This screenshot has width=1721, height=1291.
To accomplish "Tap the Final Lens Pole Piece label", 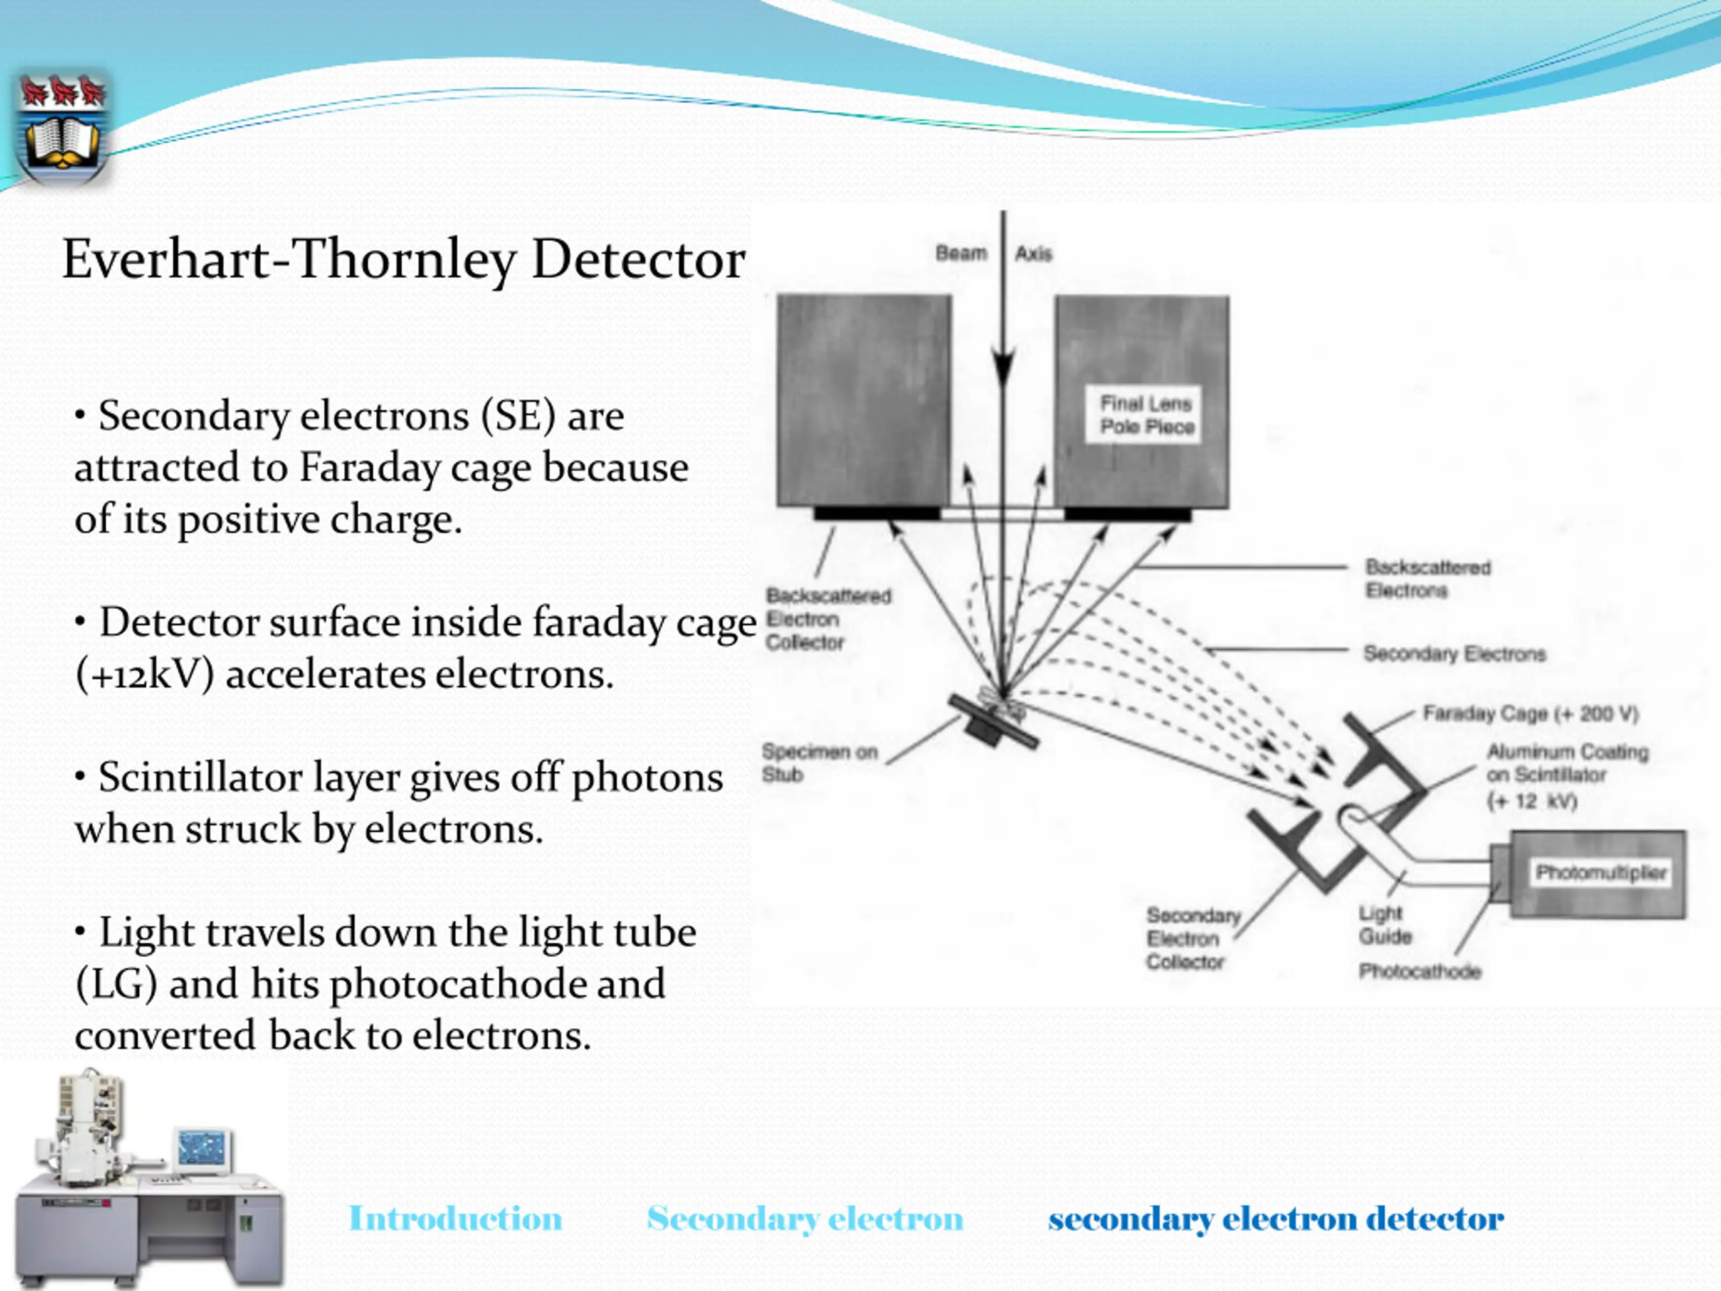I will click(x=1146, y=415).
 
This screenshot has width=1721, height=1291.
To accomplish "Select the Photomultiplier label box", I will click(x=1601, y=872).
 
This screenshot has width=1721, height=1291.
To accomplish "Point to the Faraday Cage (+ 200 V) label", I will click(x=1529, y=713).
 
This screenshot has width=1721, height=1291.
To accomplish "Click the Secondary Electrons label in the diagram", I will click(x=1453, y=654).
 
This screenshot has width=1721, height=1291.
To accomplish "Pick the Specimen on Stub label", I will click(x=819, y=762).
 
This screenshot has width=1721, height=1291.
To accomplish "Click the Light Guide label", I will click(x=1384, y=925).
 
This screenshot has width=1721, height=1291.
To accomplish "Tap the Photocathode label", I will click(x=1419, y=971).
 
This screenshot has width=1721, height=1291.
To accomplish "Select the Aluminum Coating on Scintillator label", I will click(x=1567, y=776).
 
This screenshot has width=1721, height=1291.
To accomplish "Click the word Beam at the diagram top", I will click(x=961, y=253).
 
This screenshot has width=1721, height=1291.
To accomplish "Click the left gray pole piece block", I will click(x=864, y=400).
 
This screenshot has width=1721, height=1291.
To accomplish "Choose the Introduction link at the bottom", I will click(x=455, y=1218).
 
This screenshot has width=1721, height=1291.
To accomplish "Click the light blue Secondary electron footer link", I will click(x=805, y=1218).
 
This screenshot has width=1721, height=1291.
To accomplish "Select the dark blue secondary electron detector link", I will click(x=1275, y=1218).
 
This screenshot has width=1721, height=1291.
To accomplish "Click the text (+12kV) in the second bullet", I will click(x=145, y=674).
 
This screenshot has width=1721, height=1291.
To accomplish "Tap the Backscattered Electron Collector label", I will click(x=827, y=619).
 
